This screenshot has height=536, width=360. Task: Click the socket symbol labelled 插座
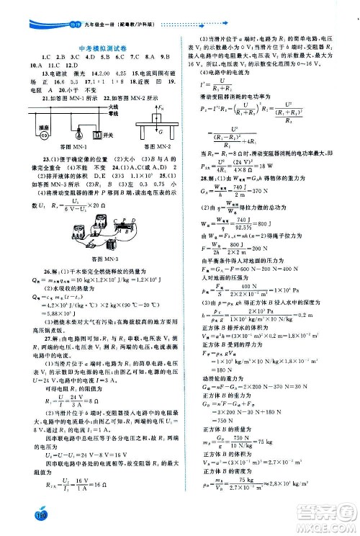coord(42,135)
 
